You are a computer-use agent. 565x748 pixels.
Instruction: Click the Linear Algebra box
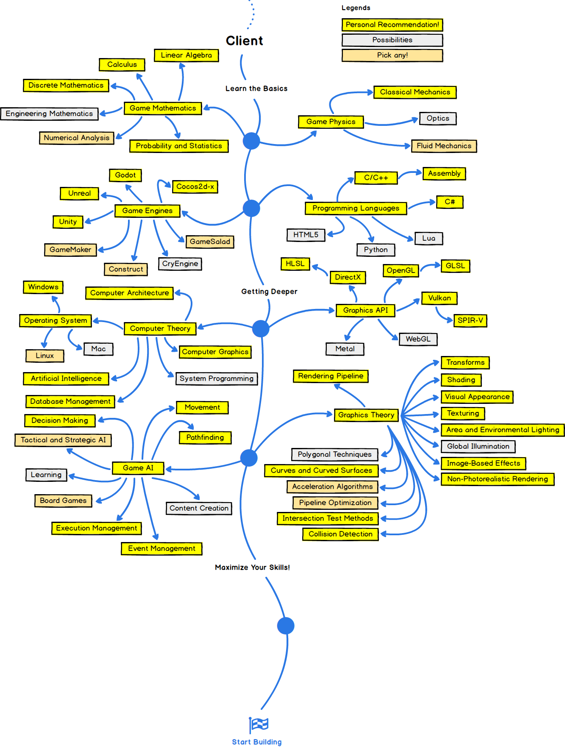(186, 55)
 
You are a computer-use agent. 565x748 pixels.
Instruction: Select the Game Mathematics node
(163, 108)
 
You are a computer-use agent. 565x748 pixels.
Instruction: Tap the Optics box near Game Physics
(438, 118)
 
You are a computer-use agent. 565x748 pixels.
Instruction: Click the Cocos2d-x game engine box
(195, 186)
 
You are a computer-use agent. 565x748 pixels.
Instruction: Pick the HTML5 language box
(306, 235)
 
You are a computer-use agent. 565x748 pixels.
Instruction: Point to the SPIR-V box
(470, 320)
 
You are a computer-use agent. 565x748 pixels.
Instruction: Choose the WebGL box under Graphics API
(418, 339)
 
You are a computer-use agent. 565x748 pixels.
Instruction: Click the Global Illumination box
(478, 446)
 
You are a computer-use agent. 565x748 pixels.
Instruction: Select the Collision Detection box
(340, 534)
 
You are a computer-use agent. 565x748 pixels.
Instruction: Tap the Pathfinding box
(205, 437)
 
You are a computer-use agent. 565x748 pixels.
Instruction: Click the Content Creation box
(199, 508)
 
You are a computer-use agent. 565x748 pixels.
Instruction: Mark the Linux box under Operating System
(45, 356)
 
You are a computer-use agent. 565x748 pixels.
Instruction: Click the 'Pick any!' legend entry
(392, 55)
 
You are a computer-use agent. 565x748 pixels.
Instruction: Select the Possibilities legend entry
(392, 40)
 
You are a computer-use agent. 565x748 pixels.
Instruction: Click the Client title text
(245, 41)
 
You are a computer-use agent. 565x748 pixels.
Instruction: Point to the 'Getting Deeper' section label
(269, 292)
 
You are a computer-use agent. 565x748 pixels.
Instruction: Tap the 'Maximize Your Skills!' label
(252, 567)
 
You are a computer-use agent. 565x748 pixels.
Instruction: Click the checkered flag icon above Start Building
(259, 724)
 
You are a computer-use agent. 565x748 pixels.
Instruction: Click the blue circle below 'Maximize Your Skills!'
(286, 626)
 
